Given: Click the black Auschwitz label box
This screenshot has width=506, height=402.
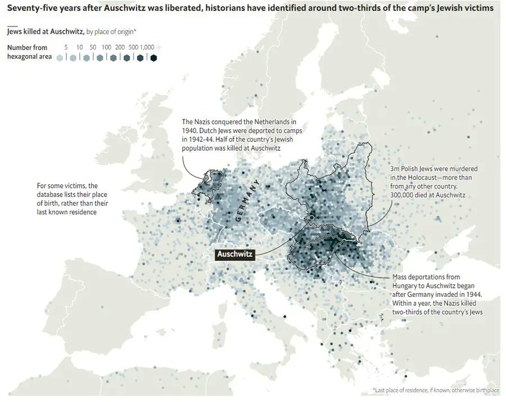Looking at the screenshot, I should click(x=236, y=254).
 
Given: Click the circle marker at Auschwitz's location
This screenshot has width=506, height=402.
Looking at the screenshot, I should click(x=310, y=217).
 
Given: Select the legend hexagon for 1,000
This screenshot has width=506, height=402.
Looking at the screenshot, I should click(x=153, y=57).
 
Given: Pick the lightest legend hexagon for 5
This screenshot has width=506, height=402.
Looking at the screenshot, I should click(x=60, y=57).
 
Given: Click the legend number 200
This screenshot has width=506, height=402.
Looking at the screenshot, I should click(x=120, y=47).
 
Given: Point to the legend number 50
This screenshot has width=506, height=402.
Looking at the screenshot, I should click(x=93, y=47).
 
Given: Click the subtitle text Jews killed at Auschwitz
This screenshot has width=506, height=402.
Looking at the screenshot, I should click(x=45, y=32).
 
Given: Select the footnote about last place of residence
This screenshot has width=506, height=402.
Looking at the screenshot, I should click(x=435, y=390).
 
